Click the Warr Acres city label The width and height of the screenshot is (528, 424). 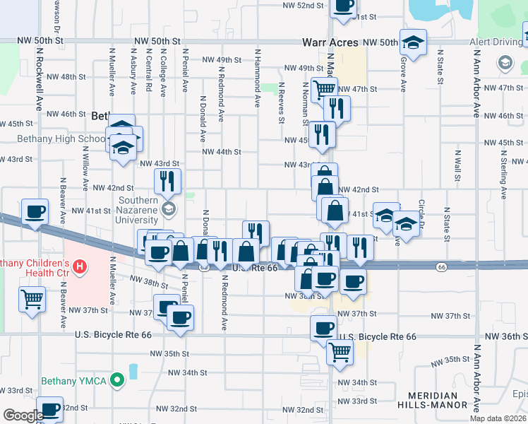tap(330, 42)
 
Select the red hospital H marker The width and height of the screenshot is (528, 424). tap(80, 267)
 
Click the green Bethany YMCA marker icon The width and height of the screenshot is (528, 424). tap(118, 382)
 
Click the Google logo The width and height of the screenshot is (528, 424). tap(23, 416)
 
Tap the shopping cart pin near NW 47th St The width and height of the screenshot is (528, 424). tap(324, 90)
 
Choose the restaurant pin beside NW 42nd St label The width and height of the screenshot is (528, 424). tap(167, 181)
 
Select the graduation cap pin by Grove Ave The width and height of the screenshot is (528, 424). tap(413, 42)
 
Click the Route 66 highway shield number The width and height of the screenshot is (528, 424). tap(441, 266)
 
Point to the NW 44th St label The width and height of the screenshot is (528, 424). tap(222, 152)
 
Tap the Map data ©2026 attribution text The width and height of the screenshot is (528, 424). tap(498, 418)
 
